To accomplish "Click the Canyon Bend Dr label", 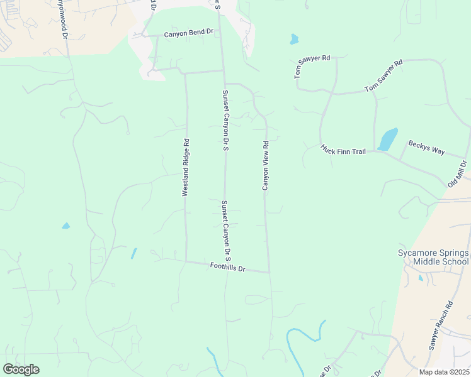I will pyautogui.click(x=189, y=33).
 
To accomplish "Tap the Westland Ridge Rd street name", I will pyautogui.click(x=186, y=168).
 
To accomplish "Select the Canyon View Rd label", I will pyautogui.click(x=266, y=165).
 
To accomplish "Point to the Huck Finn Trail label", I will pyautogui.click(x=343, y=150).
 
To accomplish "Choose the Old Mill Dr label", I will pyautogui.click(x=457, y=174).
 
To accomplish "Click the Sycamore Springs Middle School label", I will pyautogui.click(x=433, y=257).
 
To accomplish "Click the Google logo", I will pyautogui.click(x=21, y=369).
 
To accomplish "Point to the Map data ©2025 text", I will pyautogui.click(x=445, y=372).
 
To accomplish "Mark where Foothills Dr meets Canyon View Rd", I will pyautogui.click(x=270, y=273).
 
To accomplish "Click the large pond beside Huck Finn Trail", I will pyautogui.click(x=388, y=139).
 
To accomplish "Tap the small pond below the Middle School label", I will pyautogui.click(x=421, y=277).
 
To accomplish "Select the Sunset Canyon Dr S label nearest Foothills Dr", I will pyautogui.click(x=227, y=231).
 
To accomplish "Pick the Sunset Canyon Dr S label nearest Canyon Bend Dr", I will pyautogui.click(x=225, y=121).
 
